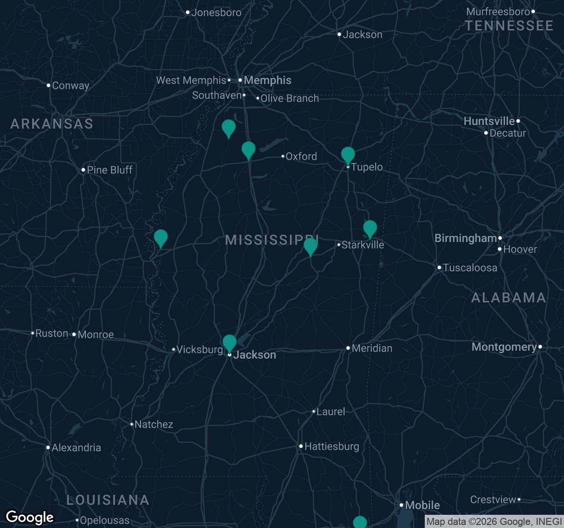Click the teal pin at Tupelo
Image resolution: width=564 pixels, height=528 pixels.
(348, 155)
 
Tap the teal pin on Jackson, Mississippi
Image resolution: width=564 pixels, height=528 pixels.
(230, 342)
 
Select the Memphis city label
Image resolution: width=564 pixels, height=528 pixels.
(267, 81)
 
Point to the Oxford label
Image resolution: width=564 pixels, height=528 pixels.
(301, 157)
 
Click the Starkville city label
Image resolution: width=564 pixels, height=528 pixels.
(363, 245)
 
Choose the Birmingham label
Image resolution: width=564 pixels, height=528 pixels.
(466, 238)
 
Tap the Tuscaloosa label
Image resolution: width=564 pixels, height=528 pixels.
(470, 268)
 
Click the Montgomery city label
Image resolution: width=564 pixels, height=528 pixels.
(504, 347)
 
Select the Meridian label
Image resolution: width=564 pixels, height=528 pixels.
(372, 348)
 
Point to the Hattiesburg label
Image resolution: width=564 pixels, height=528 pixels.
(331, 447)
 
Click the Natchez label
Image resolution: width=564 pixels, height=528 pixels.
(153, 425)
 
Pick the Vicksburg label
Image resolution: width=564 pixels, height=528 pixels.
(200, 350)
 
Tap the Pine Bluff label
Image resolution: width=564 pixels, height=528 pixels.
(109, 170)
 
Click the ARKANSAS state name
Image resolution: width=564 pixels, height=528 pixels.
(52, 124)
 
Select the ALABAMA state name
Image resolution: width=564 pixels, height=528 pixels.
(508, 298)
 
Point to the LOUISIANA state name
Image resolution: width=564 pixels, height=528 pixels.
(108, 500)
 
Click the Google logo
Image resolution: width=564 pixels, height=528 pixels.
(30, 517)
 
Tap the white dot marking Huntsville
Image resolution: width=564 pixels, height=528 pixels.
(518, 121)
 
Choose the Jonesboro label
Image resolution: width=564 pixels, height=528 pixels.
(216, 13)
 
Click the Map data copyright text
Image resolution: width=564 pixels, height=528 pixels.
(493, 522)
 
